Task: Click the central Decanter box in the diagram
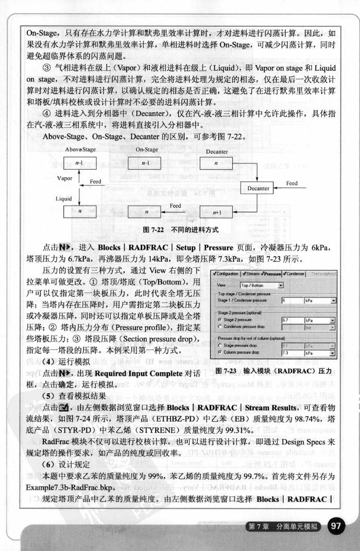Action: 258,188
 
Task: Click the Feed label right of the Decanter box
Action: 292,183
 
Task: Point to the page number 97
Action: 336,526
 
